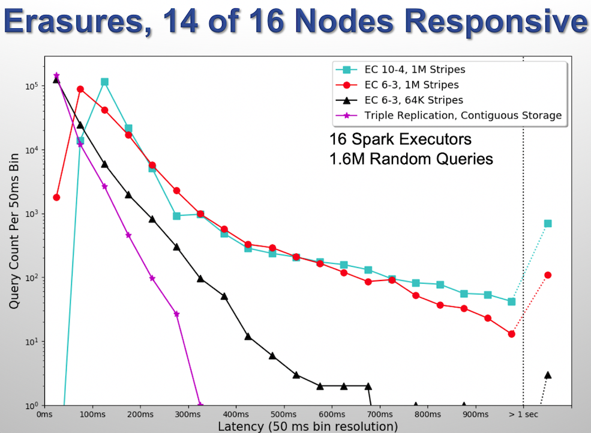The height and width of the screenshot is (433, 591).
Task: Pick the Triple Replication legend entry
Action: pyautogui.click(x=463, y=115)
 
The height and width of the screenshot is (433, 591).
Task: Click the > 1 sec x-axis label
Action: pyautogui.click(x=523, y=414)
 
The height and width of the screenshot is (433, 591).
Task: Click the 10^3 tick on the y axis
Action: pyautogui.click(x=29, y=214)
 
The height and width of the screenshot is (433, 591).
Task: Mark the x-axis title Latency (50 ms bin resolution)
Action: pyautogui.click(x=307, y=426)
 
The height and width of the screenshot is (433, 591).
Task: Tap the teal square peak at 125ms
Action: pyautogui.click(x=104, y=82)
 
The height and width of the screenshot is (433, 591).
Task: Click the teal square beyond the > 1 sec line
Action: pyautogui.click(x=547, y=223)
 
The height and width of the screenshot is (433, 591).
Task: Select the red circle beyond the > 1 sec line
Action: pyautogui.click(x=547, y=275)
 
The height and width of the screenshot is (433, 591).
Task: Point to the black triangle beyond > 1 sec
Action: pyautogui.click(x=547, y=375)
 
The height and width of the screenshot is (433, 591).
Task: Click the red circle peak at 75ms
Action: pyautogui.click(x=80, y=89)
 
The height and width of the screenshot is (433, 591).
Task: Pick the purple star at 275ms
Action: pyautogui.click(x=176, y=314)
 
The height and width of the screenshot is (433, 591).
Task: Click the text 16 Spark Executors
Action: pyautogui.click(x=400, y=139)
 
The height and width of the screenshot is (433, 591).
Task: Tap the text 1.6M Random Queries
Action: pyautogui.click(x=411, y=159)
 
